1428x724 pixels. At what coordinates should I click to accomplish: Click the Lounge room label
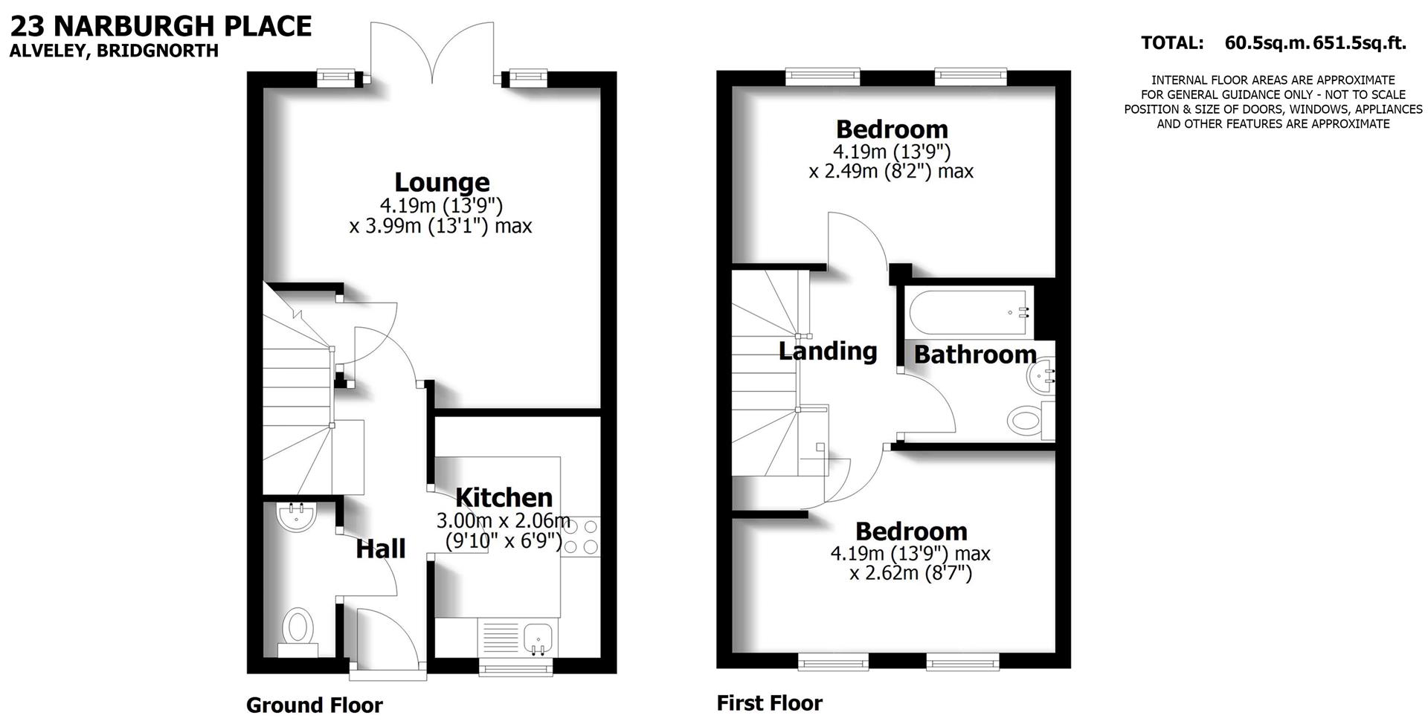[442, 182]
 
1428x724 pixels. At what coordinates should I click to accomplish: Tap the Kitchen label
[504, 497]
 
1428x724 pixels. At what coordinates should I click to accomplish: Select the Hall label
[381, 549]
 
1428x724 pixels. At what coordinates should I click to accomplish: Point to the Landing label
[828, 351]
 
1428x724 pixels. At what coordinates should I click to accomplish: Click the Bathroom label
[975, 355]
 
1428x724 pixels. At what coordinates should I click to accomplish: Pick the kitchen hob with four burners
[581, 537]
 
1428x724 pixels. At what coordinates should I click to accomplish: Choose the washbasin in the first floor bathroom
[1042, 377]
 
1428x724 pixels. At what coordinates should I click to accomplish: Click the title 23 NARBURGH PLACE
[161, 27]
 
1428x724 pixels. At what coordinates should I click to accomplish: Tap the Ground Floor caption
[315, 705]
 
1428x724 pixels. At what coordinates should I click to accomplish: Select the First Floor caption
[770, 703]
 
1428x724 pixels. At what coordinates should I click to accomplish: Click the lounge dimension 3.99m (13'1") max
[440, 225]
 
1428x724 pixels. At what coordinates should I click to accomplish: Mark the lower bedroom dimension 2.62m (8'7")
[911, 573]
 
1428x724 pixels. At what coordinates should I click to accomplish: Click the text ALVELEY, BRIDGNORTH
[114, 51]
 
